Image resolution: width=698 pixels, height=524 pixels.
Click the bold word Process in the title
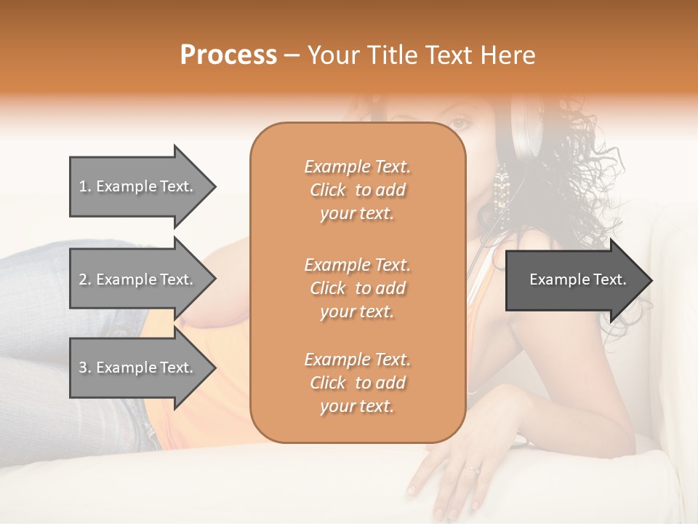click(228, 55)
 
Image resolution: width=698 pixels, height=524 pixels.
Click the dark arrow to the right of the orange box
click(574, 280)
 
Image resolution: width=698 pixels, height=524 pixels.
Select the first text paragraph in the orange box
click(357, 190)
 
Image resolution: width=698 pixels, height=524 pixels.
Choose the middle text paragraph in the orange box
click(357, 287)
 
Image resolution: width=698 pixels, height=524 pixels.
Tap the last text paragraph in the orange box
click(357, 383)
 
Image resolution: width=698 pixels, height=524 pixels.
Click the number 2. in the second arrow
click(84, 279)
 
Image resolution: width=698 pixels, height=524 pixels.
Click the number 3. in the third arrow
click(84, 368)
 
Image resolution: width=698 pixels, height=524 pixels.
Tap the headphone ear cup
click(525, 131)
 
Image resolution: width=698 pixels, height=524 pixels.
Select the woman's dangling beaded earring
click(501, 193)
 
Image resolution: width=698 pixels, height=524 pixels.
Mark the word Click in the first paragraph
click(327, 191)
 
